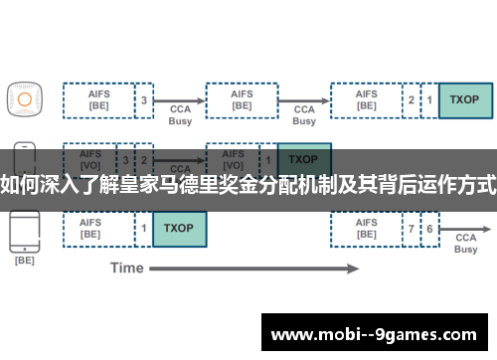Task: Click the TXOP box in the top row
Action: tap(464, 99)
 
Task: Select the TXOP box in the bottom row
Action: tap(179, 229)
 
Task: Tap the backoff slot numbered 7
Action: tap(411, 229)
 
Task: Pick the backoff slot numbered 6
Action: tap(429, 229)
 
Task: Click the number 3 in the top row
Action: tap(144, 99)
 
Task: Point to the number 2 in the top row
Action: tap(411, 99)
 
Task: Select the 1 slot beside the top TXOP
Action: tap(429, 99)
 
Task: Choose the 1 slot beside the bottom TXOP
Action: tap(144, 229)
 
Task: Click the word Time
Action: tap(127, 268)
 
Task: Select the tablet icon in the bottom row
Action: tap(24, 231)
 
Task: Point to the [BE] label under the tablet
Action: tap(24, 261)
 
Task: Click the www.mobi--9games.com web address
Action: tap(374, 332)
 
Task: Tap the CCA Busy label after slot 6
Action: tap(465, 244)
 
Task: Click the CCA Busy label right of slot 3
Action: tap(180, 114)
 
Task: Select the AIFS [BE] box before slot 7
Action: tap(366, 229)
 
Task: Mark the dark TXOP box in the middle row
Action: tap(304, 159)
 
